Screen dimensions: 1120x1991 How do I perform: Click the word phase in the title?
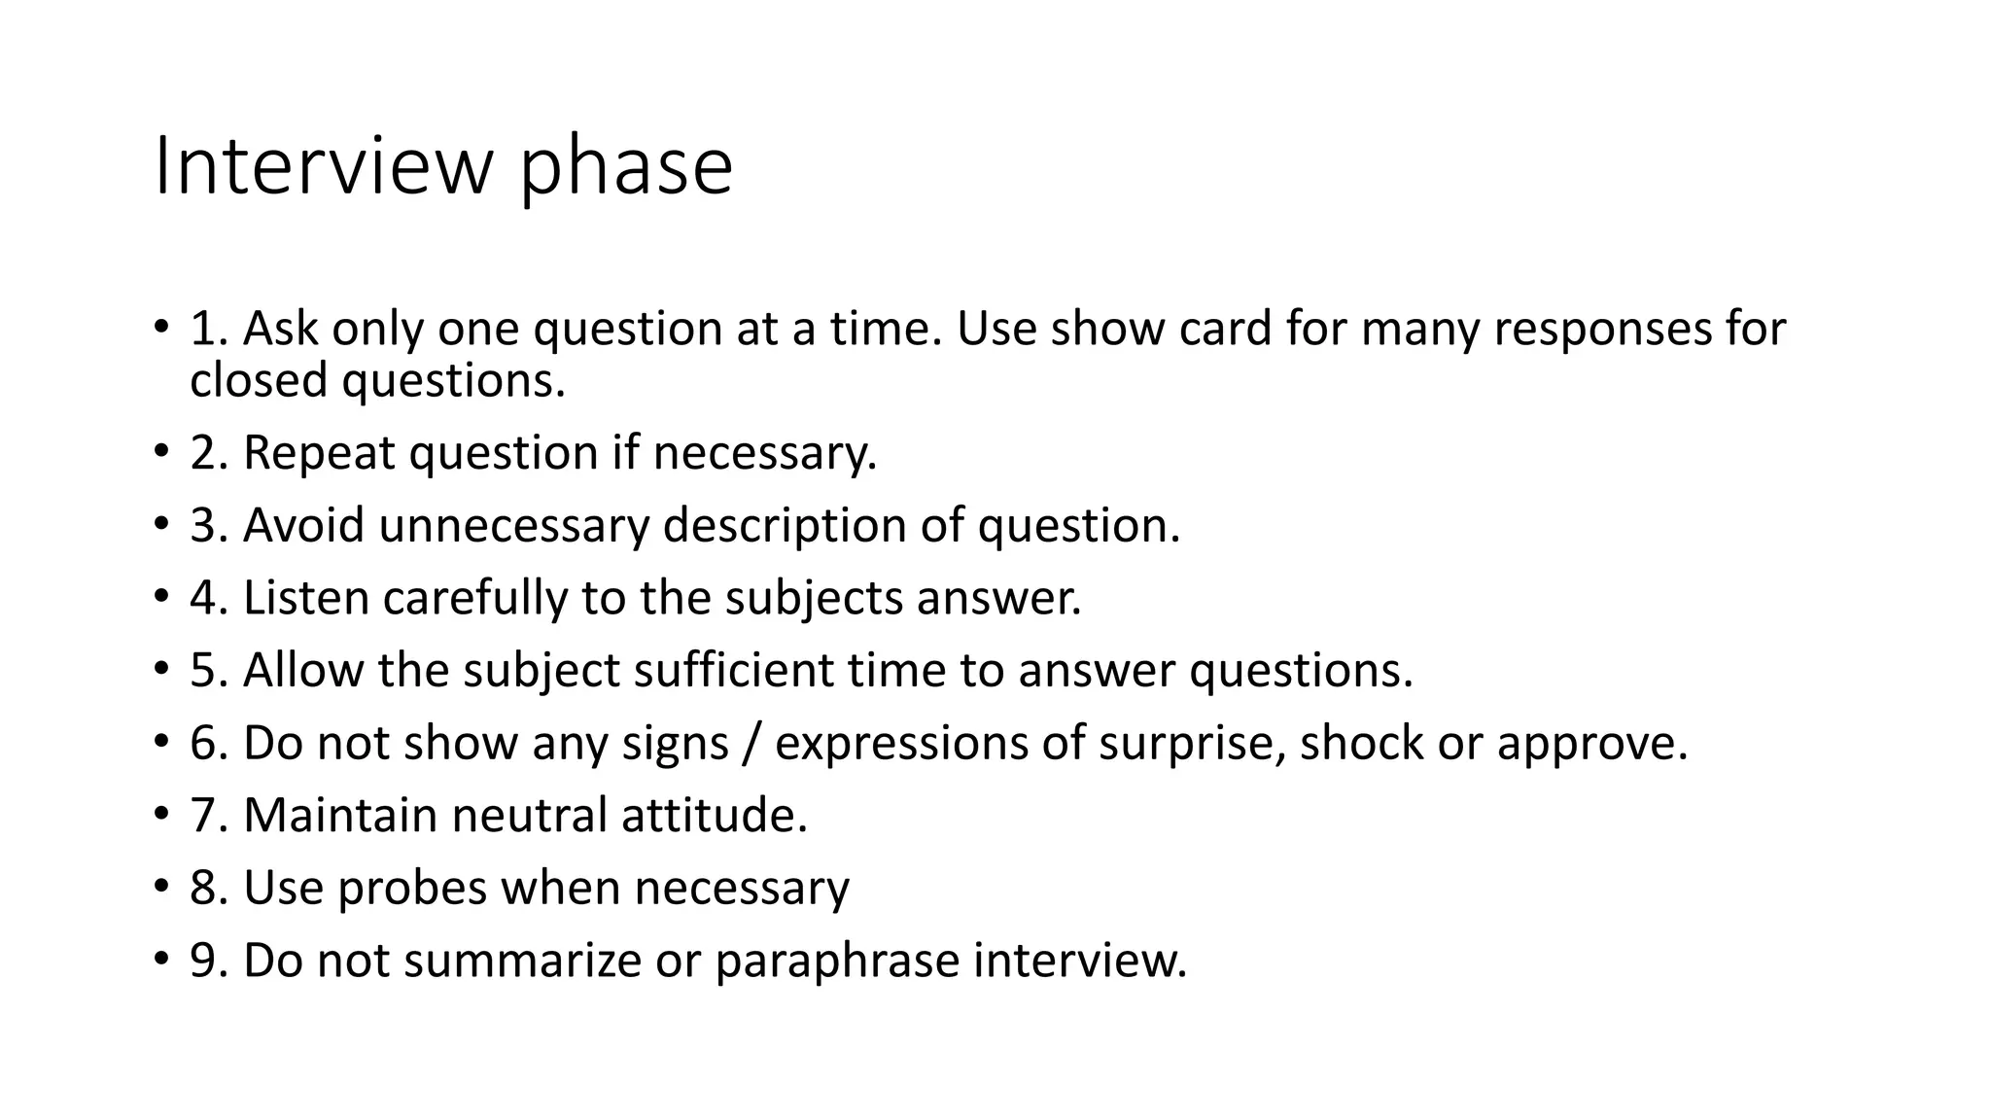tap(625, 171)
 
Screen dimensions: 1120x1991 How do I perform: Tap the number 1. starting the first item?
tap(208, 330)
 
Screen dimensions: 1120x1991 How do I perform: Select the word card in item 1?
tap(1225, 330)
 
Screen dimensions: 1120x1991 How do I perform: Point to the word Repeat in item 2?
tap(319, 454)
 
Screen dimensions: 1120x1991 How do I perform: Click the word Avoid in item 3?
tap(303, 526)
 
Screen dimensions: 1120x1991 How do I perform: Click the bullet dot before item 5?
tap(159, 671)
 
